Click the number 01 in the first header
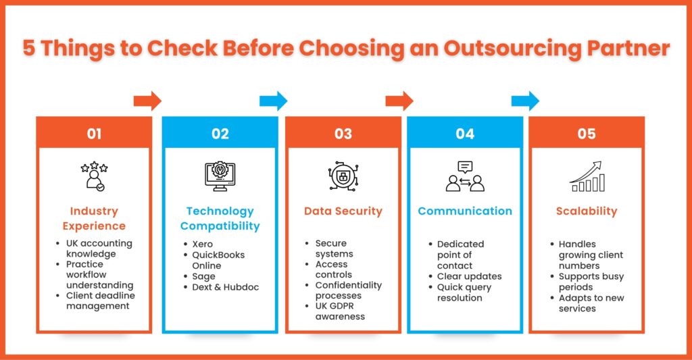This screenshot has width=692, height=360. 94,134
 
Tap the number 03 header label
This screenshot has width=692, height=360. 343,134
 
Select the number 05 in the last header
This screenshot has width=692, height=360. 587,134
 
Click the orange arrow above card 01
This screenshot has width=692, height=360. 147,101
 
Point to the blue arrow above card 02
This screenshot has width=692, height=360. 273,101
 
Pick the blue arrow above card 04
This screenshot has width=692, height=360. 525,101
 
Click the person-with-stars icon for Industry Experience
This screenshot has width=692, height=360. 94,176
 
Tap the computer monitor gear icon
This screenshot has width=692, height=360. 220,176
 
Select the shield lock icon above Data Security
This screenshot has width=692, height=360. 343,176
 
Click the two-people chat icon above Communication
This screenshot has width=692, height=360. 465,176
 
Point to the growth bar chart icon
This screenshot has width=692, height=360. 587,176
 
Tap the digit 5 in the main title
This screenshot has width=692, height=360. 28,48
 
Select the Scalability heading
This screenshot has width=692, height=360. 587,211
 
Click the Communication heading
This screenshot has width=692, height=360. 465,211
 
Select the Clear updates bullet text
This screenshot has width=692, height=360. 469,277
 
